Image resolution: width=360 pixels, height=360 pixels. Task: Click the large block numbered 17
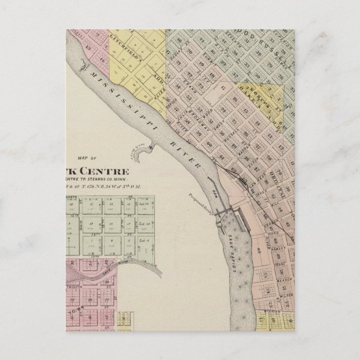pos(222,86)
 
